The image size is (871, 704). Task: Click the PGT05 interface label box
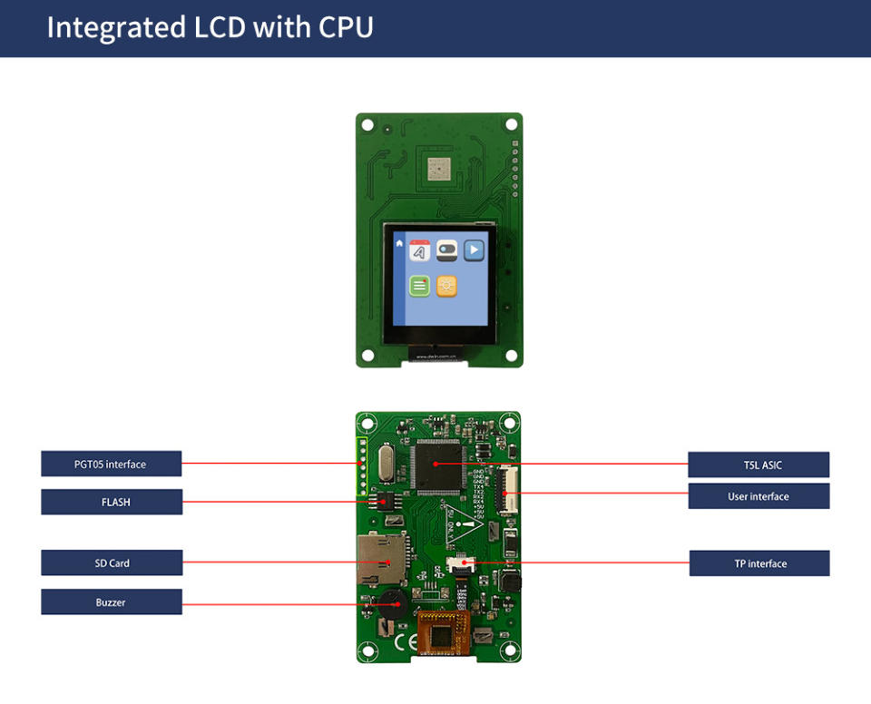point(111,464)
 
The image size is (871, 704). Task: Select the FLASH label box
point(111,502)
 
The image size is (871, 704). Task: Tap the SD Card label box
point(111,563)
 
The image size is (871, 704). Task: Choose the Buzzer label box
point(111,602)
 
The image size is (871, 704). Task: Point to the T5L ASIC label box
point(758,465)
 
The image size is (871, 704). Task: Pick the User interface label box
point(758,496)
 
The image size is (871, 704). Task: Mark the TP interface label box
point(758,563)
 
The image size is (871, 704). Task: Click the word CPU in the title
point(346,27)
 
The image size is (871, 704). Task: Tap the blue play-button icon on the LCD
point(474,249)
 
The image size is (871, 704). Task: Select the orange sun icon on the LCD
point(446,286)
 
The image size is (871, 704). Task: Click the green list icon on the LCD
point(419,287)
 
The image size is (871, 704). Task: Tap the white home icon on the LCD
point(399,243)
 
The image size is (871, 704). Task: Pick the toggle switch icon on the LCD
point(446,249)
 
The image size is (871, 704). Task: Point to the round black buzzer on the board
point(392,602)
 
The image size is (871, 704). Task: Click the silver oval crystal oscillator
point(385,464)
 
